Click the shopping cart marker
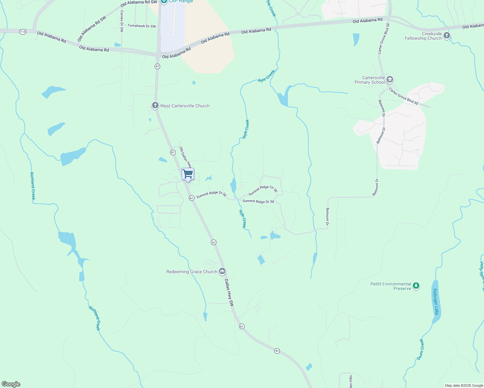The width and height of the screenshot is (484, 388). [188, 174]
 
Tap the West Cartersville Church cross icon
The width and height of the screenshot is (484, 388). [155, 105]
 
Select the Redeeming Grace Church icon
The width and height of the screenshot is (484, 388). [222, 271]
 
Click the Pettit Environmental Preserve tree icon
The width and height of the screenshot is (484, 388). [416, 286]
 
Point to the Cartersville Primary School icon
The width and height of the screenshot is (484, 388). [390, 80]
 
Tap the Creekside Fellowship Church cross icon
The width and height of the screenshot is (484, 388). [447, 36]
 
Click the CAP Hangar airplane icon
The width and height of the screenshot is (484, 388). [164, 1]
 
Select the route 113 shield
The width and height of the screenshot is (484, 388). [23, 32]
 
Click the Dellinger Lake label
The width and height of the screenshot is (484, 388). [435, 301]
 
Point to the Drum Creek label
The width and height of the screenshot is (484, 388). [420, 349]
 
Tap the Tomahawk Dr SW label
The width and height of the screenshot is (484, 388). [142, 26]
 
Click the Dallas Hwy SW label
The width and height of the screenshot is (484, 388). [229, 293]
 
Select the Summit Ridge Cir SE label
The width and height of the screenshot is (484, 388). [263, 190]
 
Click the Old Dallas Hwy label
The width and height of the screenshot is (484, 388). [186, 157]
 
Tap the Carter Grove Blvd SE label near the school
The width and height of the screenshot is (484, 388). [403, 96]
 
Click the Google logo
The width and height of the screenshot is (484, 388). [11, 384]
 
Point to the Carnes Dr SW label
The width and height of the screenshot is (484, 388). [122, 21]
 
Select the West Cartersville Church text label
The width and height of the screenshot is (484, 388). [185, 106]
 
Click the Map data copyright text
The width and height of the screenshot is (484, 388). [464, 385]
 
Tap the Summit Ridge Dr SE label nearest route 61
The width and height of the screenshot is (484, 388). [211, 194]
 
